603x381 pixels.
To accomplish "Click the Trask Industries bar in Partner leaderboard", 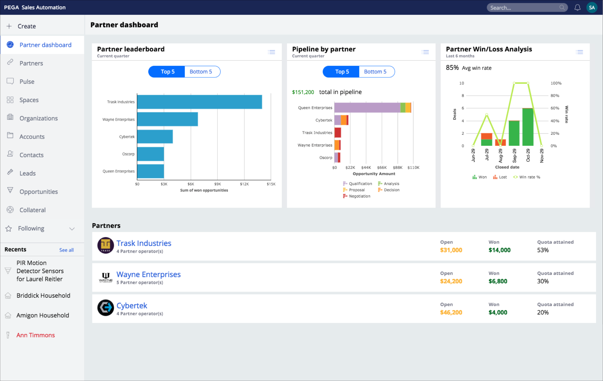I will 199,102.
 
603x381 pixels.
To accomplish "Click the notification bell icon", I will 577,7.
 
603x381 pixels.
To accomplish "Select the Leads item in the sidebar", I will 28,173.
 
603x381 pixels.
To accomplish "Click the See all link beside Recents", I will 66,250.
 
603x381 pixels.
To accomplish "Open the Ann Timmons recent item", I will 36,335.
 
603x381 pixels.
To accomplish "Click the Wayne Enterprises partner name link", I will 148,274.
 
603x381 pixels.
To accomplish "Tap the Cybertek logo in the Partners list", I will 105,308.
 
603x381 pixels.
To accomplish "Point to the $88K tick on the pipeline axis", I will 397,167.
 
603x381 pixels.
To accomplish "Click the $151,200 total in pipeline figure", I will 303,92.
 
